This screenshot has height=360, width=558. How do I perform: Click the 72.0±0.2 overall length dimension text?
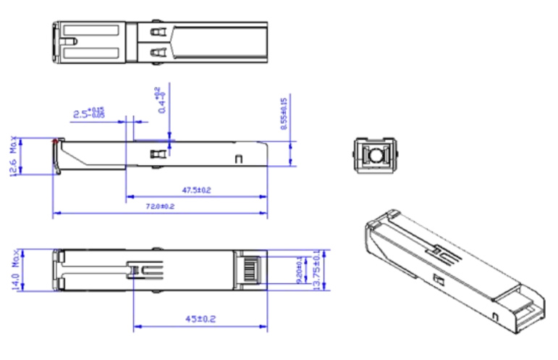tap(161, 206)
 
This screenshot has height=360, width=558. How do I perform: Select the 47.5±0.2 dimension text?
tap(196, 190)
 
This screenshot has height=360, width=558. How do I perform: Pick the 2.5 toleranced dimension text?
tap(90, 113)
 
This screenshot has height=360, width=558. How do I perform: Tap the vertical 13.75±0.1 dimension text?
tap(316, 270)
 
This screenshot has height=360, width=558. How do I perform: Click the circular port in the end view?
tap(373, 155)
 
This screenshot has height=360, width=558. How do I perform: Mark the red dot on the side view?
tap(55, 141)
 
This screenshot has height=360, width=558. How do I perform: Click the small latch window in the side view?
tap(153, 154)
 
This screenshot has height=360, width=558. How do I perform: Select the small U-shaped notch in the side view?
tap(238, 158)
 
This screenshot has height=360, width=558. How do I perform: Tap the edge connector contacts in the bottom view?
tap(250, 270)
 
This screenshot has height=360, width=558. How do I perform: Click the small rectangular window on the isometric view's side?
tap(436, 278)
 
